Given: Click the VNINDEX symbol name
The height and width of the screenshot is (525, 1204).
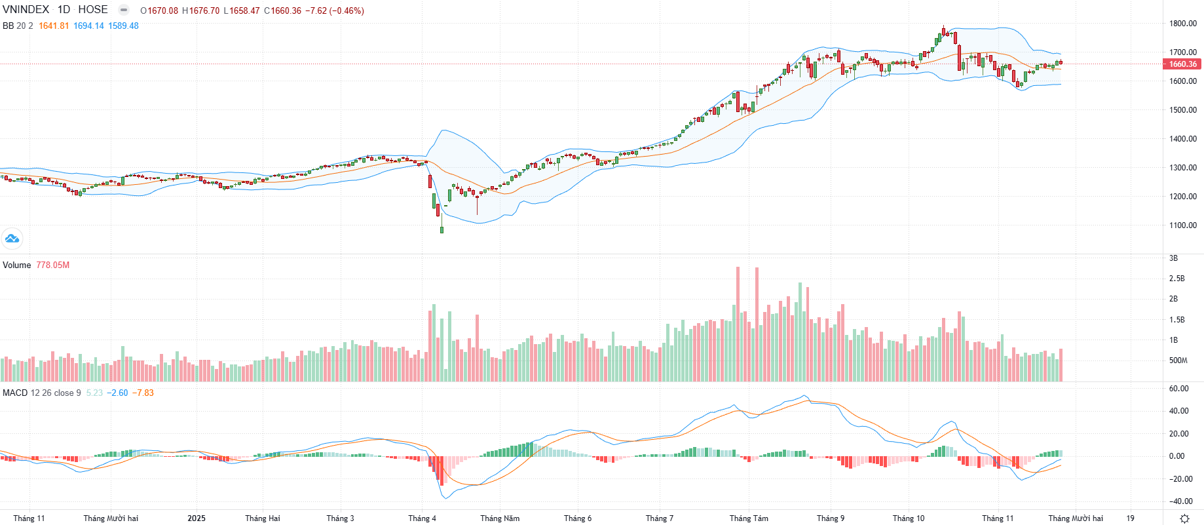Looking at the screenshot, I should click(26, 10).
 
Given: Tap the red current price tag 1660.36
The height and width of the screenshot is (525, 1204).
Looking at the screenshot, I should click(1182, 64).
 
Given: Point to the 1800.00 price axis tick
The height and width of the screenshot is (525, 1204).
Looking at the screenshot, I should click(1182, 24).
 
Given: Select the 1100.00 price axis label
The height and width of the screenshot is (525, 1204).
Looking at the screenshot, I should click(1182, 225).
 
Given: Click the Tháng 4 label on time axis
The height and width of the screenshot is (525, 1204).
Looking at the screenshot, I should click(422, 518).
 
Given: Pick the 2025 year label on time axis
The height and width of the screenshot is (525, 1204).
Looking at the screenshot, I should click(196, 518).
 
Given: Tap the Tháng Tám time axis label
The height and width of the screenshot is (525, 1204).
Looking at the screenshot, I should click(749, 518).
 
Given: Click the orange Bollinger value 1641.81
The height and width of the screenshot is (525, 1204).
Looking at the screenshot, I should click(54, 26).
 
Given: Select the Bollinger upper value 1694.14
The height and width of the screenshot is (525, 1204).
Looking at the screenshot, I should click(88, 26).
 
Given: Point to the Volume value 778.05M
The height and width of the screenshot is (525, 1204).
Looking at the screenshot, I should click(52, 265).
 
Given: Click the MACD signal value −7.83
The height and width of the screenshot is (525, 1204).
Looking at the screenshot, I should click(143, 393).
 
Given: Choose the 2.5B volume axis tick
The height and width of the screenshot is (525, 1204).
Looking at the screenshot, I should click(1176, 279).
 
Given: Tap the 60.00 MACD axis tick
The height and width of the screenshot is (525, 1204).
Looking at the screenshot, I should click(1178, 389).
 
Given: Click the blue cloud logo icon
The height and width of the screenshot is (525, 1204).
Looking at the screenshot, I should click(12, 239).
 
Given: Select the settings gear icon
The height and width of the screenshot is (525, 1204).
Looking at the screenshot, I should click(1184, 518).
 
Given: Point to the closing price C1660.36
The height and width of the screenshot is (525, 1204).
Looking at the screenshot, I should click(282, 11).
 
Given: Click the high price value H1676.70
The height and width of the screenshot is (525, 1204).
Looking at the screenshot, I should click(200, 11).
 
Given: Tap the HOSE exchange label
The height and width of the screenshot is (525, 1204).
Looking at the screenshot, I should click(93, 10).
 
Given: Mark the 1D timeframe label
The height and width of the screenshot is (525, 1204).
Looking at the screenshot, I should click(64, 10).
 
